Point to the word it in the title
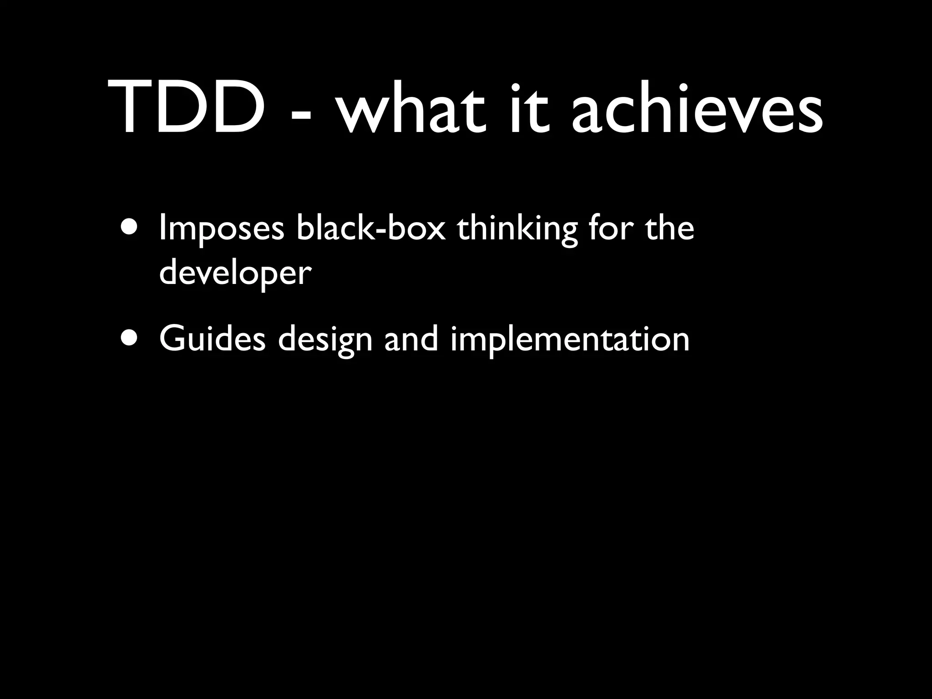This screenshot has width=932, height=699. pyautogui.click(x=527, y=108)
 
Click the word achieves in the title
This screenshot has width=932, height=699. pyautogui.click(x=696, y=108)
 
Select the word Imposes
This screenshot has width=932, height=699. pyautogui.click(x=222, y=229)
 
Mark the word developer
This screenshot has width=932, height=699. pyautogui.click(x=235, y=274)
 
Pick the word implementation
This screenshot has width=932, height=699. pyautogui.click(x=570, y=339)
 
